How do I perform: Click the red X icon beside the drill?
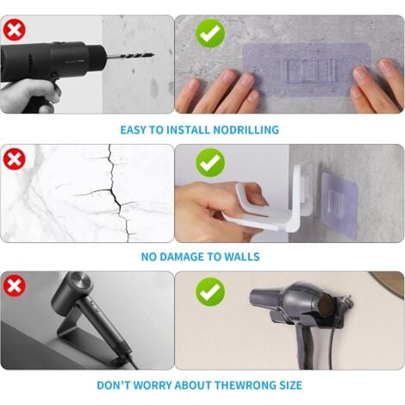(15, 30)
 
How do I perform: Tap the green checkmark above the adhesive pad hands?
(210, 34)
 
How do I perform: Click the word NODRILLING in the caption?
(246, 130)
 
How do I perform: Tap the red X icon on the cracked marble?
(15, 159)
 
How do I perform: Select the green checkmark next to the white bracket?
(210, 163)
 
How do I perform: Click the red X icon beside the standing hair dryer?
(15, 286)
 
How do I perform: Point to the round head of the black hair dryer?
(75, 287)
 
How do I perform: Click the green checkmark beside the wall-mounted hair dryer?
(210, 292)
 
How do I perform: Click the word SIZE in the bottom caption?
(291, 385)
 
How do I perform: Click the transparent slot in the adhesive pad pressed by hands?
(308, 71)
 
